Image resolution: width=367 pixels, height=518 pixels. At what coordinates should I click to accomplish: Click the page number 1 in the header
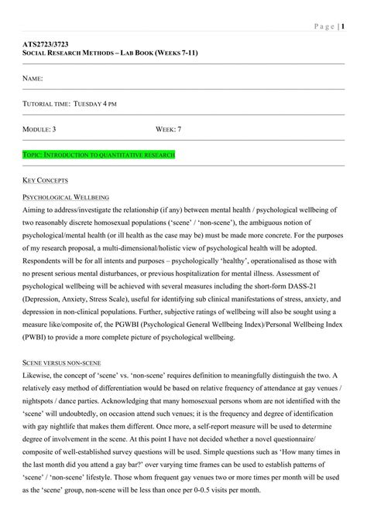(342, 27)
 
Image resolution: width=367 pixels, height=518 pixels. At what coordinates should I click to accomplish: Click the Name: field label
(33, 79)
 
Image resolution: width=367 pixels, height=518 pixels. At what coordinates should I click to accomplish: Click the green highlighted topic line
(98, 155)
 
